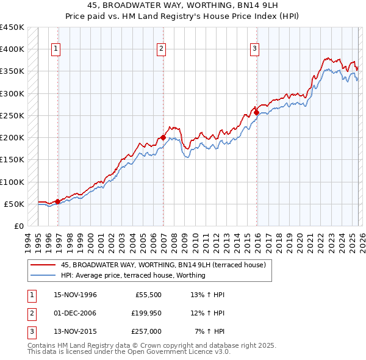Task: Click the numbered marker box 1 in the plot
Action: (x=56, y=49)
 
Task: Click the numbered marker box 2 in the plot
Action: (x=161, y=49)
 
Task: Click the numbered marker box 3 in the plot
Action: (x=254, y=49)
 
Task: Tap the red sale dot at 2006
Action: (x=163, y=137)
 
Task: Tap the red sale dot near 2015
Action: (x=256, y=112)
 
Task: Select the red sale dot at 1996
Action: (x=58, y=201)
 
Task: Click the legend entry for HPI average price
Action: (x=133, y=275)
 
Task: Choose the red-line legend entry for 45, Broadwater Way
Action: (x=163, y=265)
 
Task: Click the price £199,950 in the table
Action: (x=146, y=313)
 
